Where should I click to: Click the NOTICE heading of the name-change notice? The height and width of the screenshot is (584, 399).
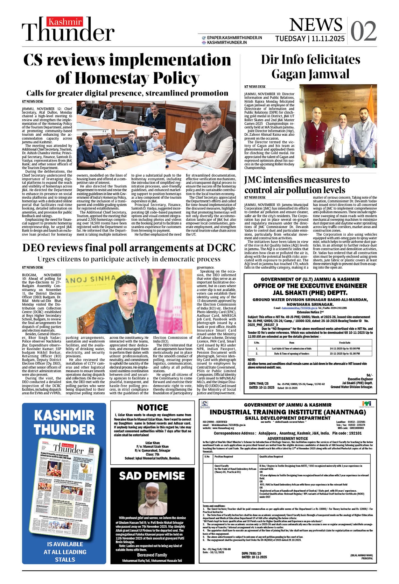click(x=153, y=407)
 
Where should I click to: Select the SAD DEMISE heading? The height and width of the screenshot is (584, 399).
click(x=152, y=476)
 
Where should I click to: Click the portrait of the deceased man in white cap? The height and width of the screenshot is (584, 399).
click(x=152, y=499)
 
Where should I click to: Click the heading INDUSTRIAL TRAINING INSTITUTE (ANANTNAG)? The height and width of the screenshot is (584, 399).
click(x=288, y=412)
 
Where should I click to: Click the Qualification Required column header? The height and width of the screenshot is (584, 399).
click(x=271, y=456)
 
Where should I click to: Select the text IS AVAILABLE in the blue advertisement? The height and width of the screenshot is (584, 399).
click(x=65, y=544)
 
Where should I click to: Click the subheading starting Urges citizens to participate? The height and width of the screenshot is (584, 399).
click(x=129, y=259)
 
